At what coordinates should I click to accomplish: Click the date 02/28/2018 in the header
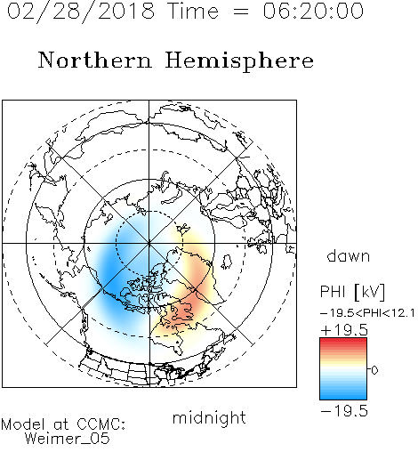[x=81, y=11]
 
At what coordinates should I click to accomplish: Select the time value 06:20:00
[x=313, y=11]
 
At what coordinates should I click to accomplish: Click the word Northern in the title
[x=95, y=61]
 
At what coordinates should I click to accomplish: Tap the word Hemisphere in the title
[x=239, y=61]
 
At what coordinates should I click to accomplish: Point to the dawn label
[x=349, y=255]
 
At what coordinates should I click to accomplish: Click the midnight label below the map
[x=209, y=417]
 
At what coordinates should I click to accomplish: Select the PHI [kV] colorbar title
[x=352, y=292]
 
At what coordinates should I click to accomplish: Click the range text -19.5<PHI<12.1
[x=367, y=313]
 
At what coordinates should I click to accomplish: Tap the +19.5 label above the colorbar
[x=344, y=330]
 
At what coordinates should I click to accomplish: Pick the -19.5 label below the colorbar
[x=344, y=411]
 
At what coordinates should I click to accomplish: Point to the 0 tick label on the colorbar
[x=374, y=370]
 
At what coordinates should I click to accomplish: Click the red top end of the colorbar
[x=343, y=341]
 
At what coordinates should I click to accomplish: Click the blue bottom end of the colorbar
[x=343, y=397]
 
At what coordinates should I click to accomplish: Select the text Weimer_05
[x=67, y=438]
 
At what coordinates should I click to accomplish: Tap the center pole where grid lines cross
[x=149, y=243]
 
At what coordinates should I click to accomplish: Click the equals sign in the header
[x=240, y=12]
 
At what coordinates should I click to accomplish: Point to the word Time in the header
[x=193, y=11]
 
